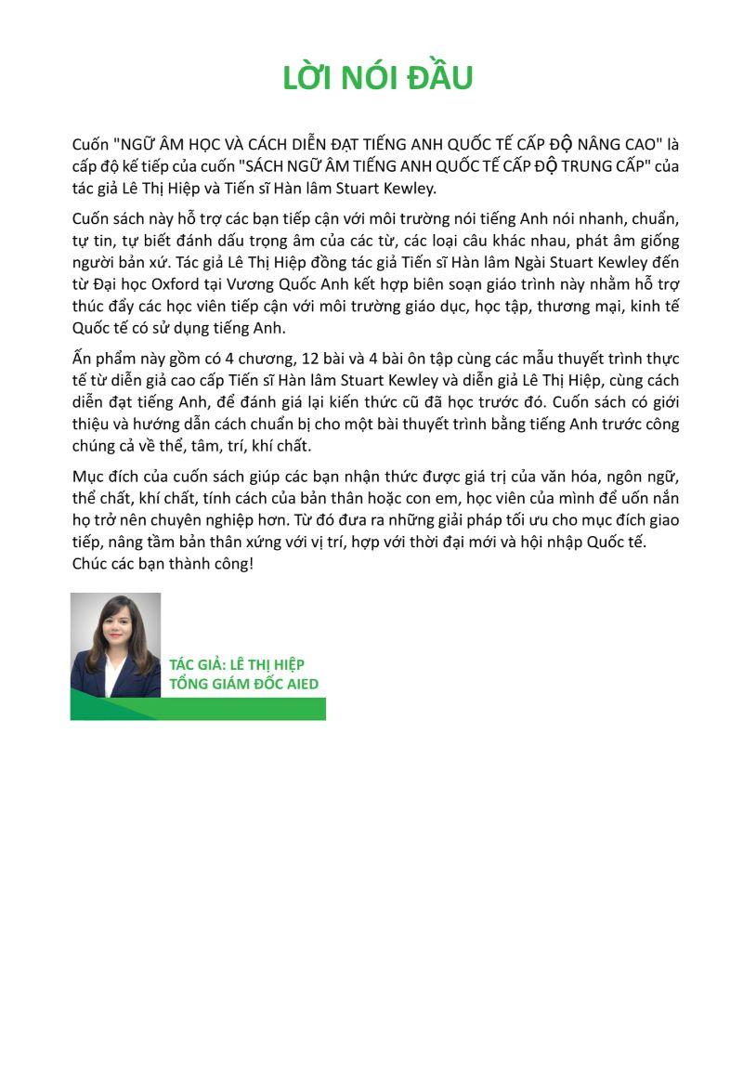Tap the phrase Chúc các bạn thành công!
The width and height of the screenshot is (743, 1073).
(x=163, y=563)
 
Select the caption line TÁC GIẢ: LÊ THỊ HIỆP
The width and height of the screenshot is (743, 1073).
(x=237, y=664)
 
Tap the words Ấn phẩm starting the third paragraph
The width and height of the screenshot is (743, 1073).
(x=103, y=360)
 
